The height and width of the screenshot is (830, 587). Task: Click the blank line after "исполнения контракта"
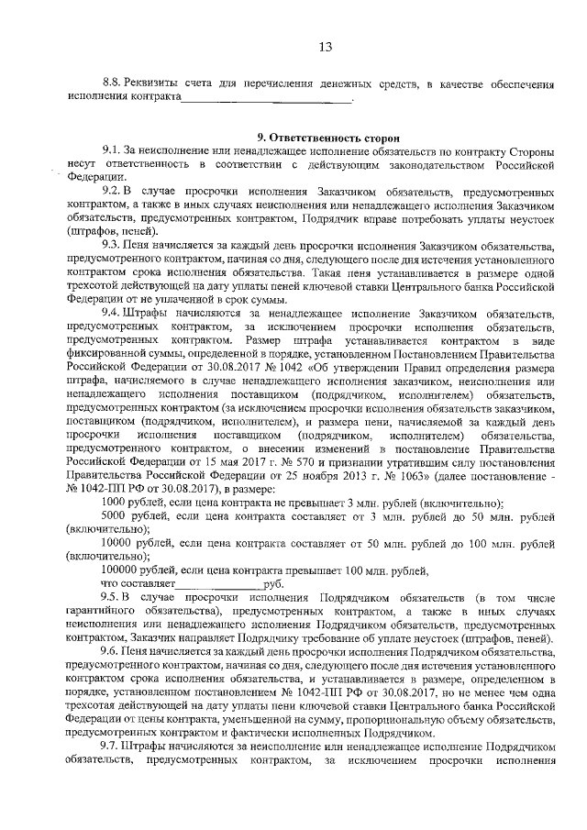click(266, 98)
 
